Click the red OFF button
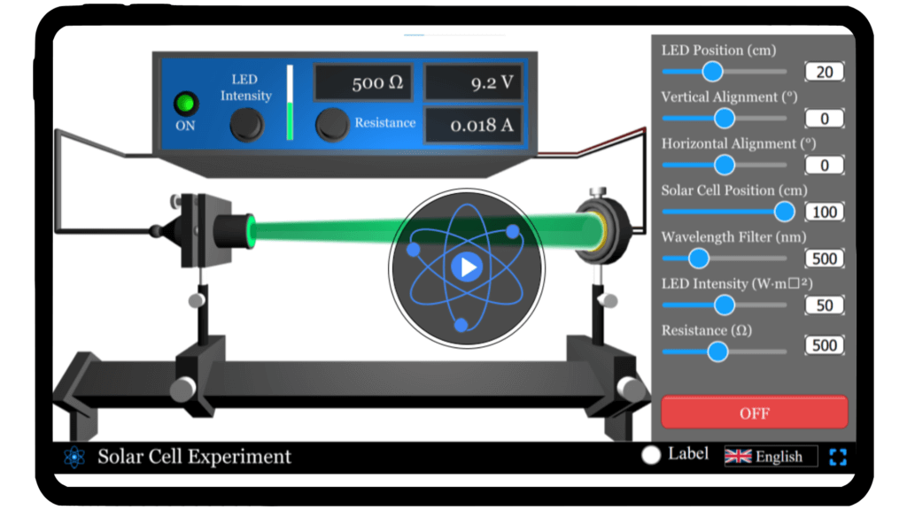coord(754,413)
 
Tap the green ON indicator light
coord(185,104)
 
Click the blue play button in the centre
coord(467,267)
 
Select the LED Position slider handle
coord(712,72)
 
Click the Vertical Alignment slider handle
coord(725,118)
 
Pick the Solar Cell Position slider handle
coord(784,211)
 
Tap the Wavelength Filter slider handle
coord(699,258)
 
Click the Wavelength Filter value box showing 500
coord(824,259)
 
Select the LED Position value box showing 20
coord(824,72)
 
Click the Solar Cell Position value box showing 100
coord(824,212)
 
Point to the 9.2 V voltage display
coord(472,83)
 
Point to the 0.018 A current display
coord(472,125)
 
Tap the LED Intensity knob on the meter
coord(246,125)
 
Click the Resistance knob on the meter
coord(332,125)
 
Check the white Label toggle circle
coord(651,455)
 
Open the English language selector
coord(770,457)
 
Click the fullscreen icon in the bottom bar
coord(838,457)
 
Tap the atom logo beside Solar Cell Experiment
coord(74,457)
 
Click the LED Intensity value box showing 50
coord(824,305)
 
